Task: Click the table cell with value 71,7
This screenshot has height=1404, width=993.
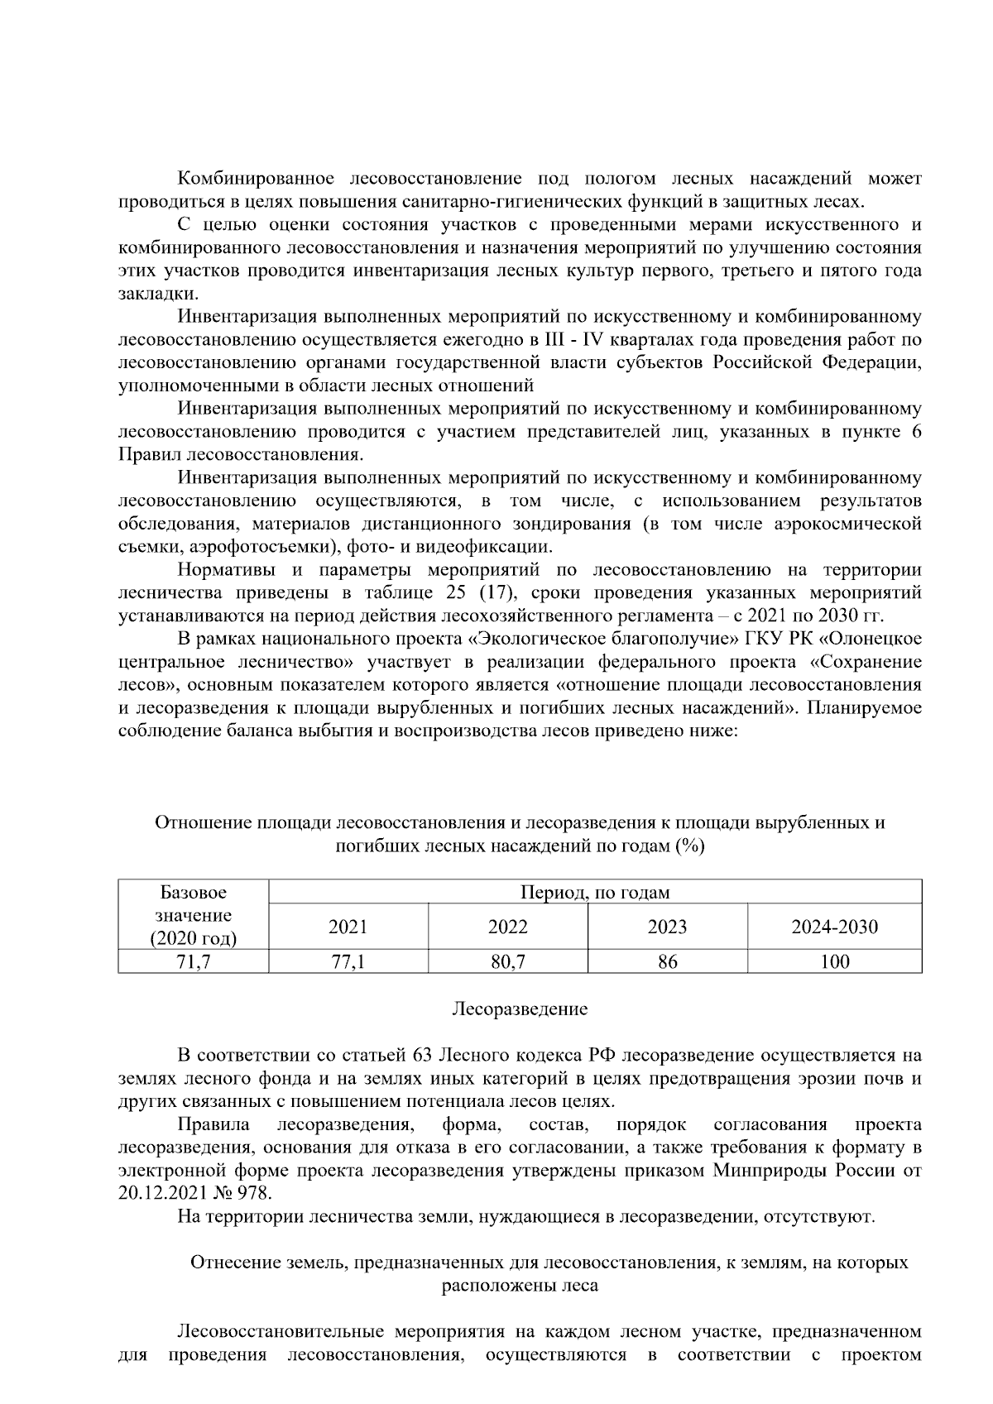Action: point(193,961)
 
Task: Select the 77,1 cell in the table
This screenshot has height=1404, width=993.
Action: point(348,961)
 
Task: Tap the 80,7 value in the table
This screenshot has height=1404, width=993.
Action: point(507,961)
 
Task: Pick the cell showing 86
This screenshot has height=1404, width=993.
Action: point(667,961)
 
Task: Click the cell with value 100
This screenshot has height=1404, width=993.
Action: point(834,961)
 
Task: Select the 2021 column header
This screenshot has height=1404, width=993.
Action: point(348,927)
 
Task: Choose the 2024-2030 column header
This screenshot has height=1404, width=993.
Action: point(834,927)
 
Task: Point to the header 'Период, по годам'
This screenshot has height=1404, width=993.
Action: point(594,892)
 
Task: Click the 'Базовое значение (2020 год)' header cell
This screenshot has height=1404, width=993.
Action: point(193,915)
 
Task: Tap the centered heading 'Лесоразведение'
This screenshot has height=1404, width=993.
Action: point(520,1009)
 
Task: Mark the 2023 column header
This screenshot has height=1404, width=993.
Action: point(667,927)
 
